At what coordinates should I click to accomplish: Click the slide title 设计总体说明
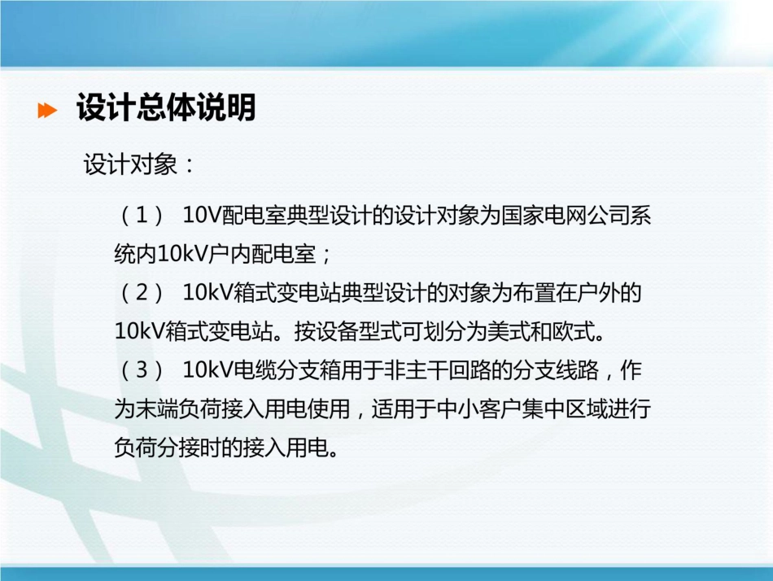pos(166,108)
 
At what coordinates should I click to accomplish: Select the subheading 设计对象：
pos(139,165)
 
